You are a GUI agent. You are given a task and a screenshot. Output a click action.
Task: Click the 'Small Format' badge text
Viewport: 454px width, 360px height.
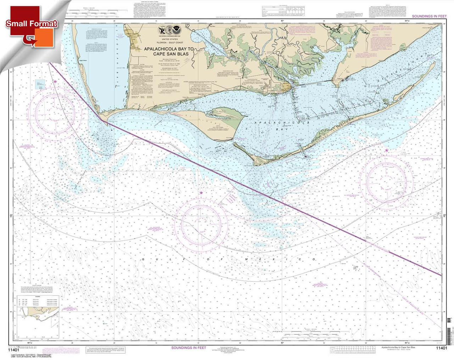tap(31, 24)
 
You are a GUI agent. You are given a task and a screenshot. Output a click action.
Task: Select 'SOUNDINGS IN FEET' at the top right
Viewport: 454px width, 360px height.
tap(429, 16)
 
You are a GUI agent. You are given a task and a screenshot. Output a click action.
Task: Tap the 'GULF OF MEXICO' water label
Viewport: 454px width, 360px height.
tap(229, 260)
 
